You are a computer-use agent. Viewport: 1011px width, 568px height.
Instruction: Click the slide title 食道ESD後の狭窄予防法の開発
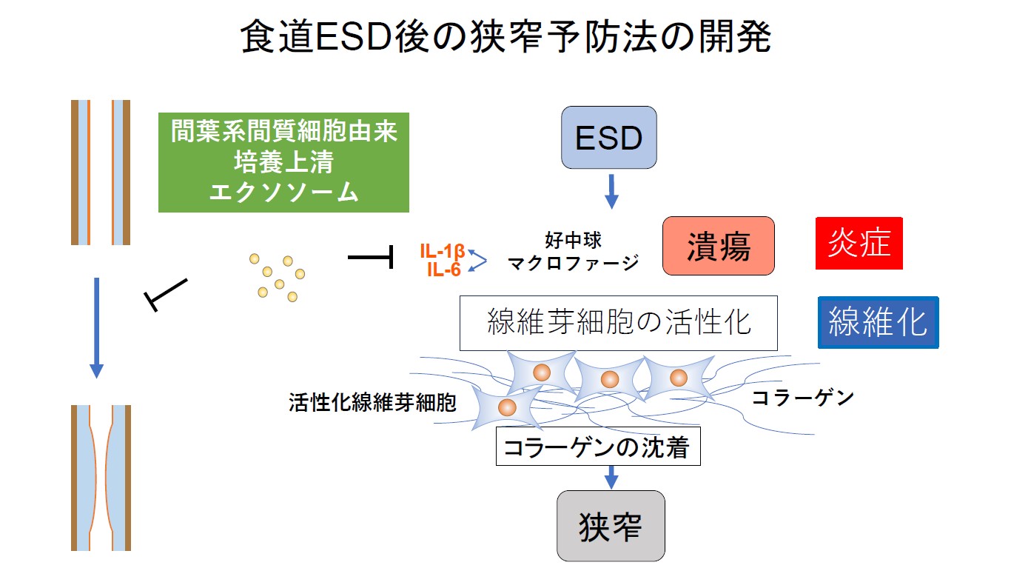[x=505, y=36]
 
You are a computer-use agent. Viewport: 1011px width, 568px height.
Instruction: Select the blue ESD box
[x=609, y=138]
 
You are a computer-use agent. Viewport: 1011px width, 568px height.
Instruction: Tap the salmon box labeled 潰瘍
[x=718, y=246]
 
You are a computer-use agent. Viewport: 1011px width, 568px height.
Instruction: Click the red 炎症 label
[x=859, y=243]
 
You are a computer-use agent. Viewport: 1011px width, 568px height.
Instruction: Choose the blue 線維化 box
[x=878, y=322]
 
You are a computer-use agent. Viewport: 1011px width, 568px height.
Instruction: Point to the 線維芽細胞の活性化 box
[x=618, y=323]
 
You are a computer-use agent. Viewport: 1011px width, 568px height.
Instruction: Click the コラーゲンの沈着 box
[x=597, y=448]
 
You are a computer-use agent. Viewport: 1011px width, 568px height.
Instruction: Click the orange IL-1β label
[x=442, y=254]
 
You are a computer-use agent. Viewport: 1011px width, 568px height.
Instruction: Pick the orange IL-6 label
[x=443, y=270]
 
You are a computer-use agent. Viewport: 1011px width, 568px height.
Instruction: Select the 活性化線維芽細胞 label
[x=372, y=402]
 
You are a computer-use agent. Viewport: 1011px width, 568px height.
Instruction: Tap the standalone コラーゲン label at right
[x=802, y=398]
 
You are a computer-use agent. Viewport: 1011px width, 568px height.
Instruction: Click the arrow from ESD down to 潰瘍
[x=611, y=190]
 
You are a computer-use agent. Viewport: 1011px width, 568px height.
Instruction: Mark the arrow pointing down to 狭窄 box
[x=611, y=477]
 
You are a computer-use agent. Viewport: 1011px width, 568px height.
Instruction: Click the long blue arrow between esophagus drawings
[x=95, y=326]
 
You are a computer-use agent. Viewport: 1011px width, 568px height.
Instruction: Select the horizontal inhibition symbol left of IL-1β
[x=370, y=258]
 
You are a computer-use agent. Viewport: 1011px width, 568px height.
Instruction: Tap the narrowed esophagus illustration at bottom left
[x=101, y=478]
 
